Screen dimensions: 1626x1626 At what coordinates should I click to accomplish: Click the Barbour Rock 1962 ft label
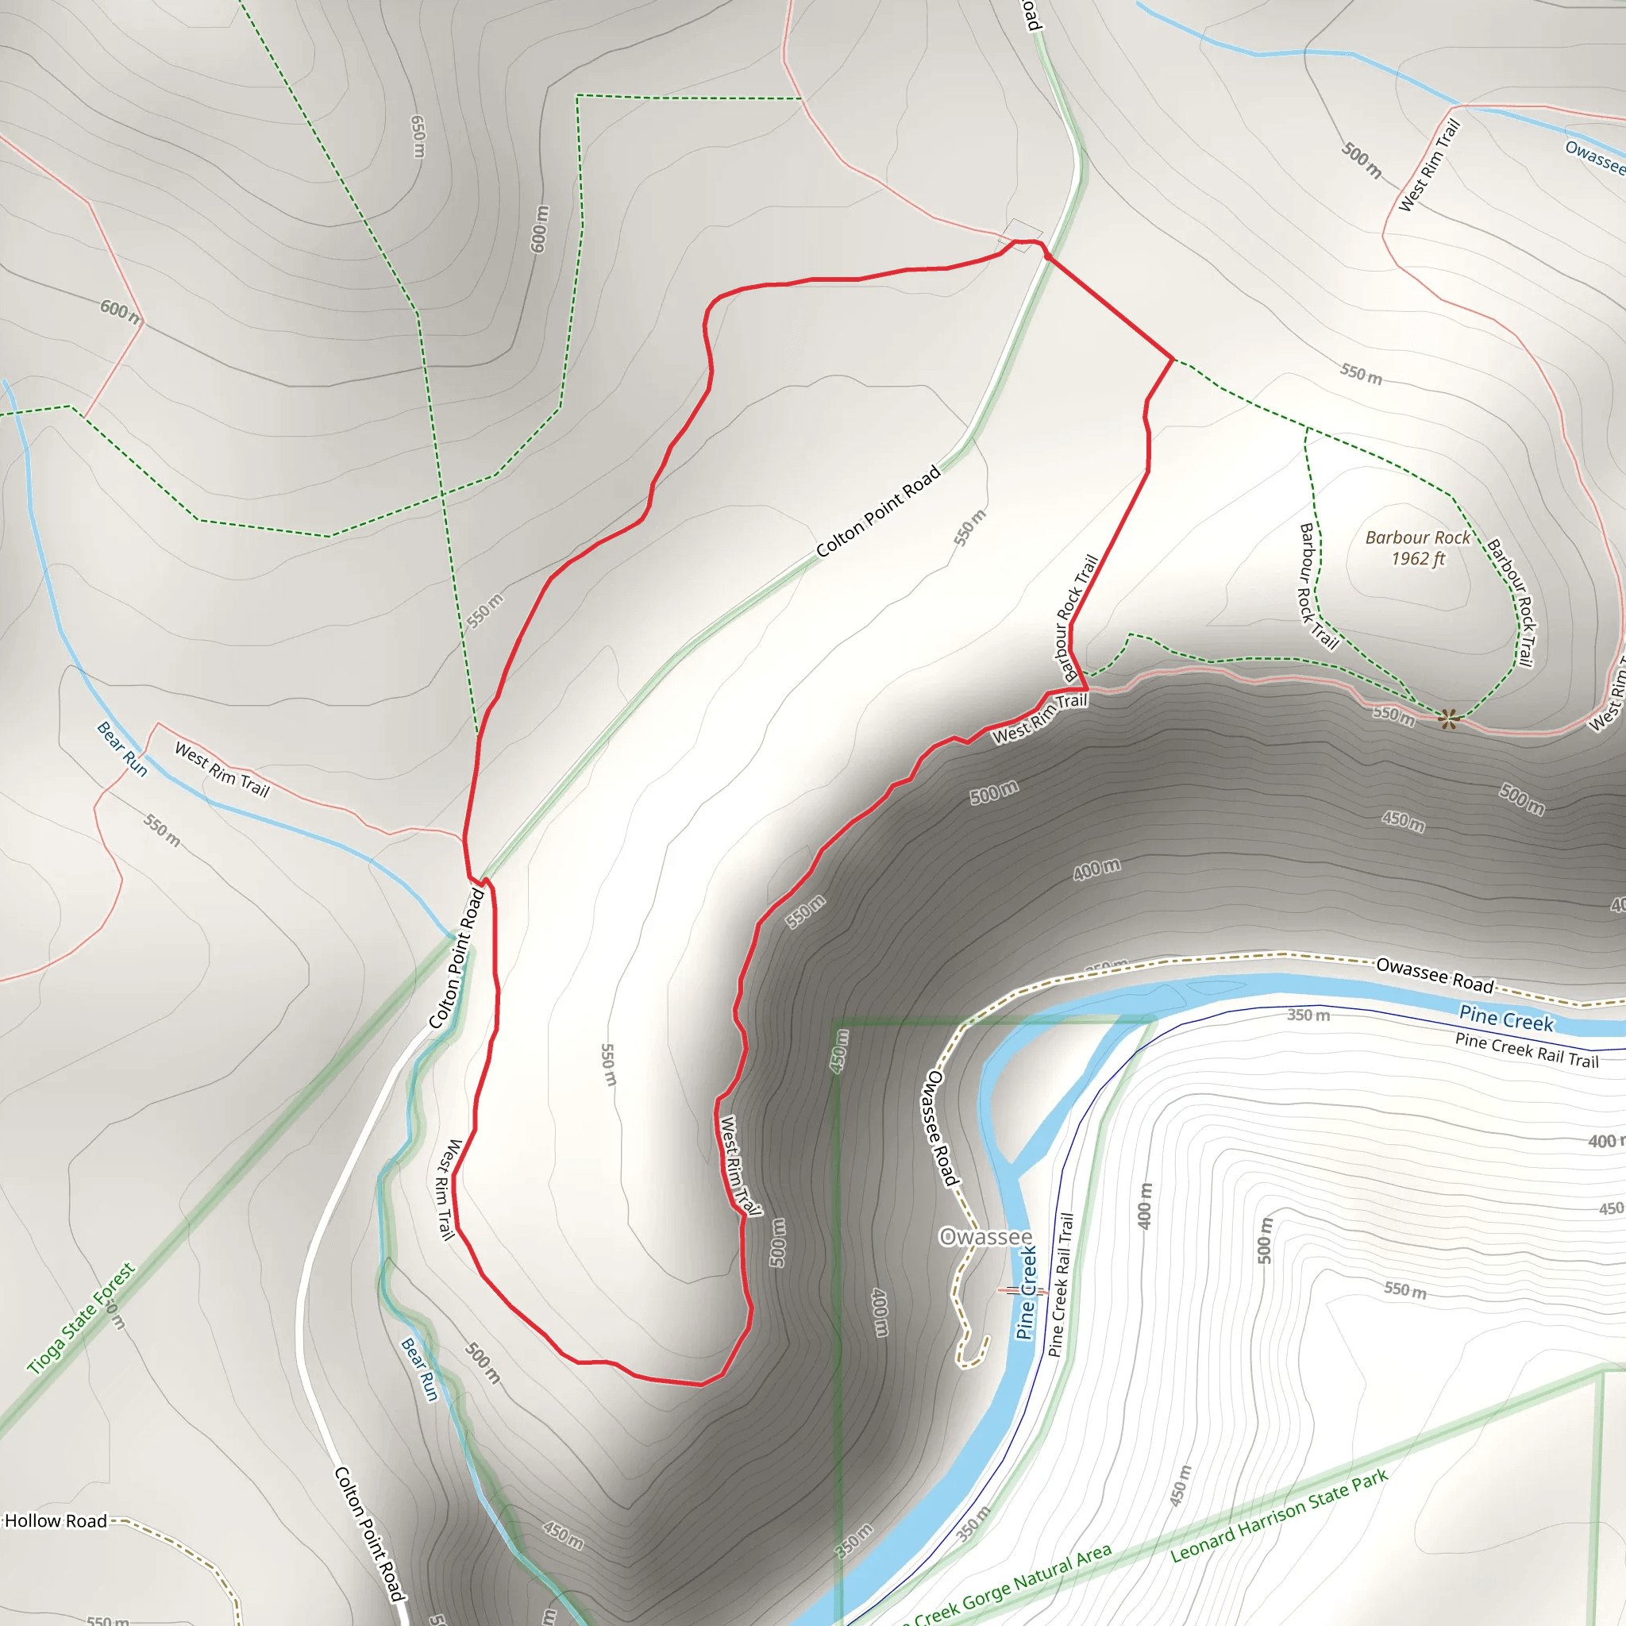[x=1417, y=548]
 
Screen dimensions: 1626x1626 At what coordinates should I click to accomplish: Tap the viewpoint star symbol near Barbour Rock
[x=1447, y=718]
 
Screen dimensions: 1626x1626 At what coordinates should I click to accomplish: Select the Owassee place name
[x=985, y=1236]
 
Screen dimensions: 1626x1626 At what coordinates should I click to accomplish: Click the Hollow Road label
[x=56, y=1520]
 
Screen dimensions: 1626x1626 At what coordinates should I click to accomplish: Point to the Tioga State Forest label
[x=81, y=1318]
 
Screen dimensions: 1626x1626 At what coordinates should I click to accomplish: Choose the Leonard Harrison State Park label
[x=1279, y=1516]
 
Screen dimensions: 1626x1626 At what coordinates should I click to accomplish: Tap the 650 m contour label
[x=418, y=137]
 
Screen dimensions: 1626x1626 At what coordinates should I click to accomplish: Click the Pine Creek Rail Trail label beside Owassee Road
[x=1527, y=1050]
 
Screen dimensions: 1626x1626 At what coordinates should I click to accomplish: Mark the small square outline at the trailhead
[x=1020, y=235]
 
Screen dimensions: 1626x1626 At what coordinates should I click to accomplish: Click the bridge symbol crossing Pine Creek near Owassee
[x=1023, y=1290]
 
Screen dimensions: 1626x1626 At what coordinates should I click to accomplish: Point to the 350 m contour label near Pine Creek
[x=1308, y=1015]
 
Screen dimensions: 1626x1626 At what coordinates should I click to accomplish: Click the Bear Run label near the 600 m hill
[x=122, y=748]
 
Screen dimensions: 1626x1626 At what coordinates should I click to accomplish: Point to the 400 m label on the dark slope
[x=1096, y=869]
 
